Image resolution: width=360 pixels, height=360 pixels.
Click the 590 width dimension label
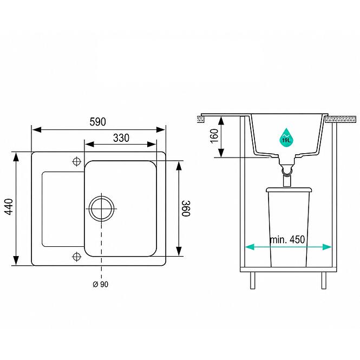tap(97, 122)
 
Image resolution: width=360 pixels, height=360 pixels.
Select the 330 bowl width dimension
tap(121, 138)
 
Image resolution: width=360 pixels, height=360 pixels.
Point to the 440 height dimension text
tap(9, 207)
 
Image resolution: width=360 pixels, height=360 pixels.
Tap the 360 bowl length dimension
tap(186, 208)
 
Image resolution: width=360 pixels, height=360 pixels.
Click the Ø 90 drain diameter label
tap(100, 284)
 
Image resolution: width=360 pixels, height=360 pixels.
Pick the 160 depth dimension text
tap(214, 136)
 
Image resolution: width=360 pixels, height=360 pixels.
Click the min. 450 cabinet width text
tap(287, 240)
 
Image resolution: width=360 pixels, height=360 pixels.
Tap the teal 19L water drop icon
tap(286, 138)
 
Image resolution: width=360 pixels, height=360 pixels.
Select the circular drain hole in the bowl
tap(101, 209)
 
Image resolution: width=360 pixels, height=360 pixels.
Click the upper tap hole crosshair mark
tap(77, 161)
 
